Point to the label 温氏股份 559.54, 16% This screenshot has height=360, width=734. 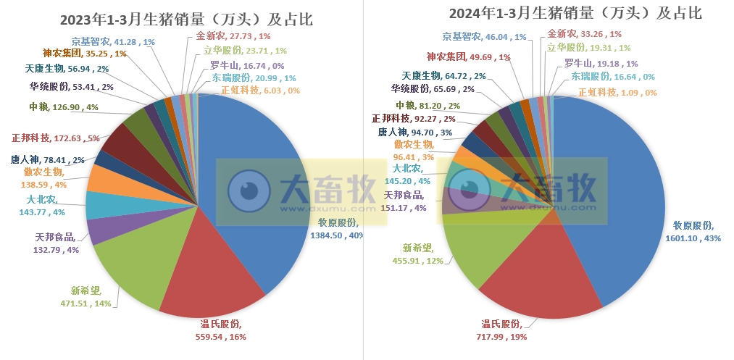coord(221,330)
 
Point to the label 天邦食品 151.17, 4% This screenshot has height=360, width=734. coord(404,201)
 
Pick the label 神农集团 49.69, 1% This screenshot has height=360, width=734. coord(468,56)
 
